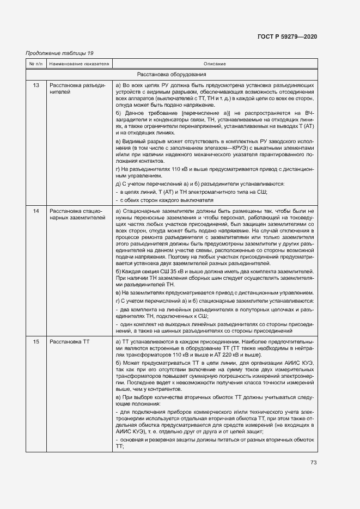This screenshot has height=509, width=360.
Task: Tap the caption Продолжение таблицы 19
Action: tap(60, 53)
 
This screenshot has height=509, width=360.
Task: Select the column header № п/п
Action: tap(36, 64)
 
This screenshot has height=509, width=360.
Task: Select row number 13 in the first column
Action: tap(36, 85)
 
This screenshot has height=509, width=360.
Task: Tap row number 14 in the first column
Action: tap(36, 211)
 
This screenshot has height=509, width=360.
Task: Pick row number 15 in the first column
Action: tap(36, 341)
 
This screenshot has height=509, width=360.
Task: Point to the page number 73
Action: tap(313, 463)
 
